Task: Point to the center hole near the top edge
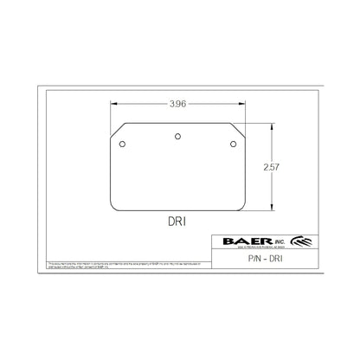[x=179, y=134]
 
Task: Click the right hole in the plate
[x=234, y=145]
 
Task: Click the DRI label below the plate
[x=177, y=222]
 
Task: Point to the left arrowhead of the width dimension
[x=113, y=104]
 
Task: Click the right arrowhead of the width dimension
[x=242, y=104]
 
